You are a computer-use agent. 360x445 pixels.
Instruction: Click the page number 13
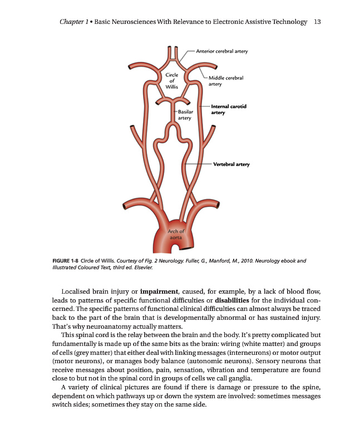click(319, 22)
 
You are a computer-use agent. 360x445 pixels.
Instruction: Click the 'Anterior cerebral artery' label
click(221, 51)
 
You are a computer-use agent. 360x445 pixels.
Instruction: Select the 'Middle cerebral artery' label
click(225, 81)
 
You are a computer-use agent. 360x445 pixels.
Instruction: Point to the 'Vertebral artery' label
click(231, 164)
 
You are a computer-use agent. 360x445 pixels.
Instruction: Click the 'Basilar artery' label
click(185, 115)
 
